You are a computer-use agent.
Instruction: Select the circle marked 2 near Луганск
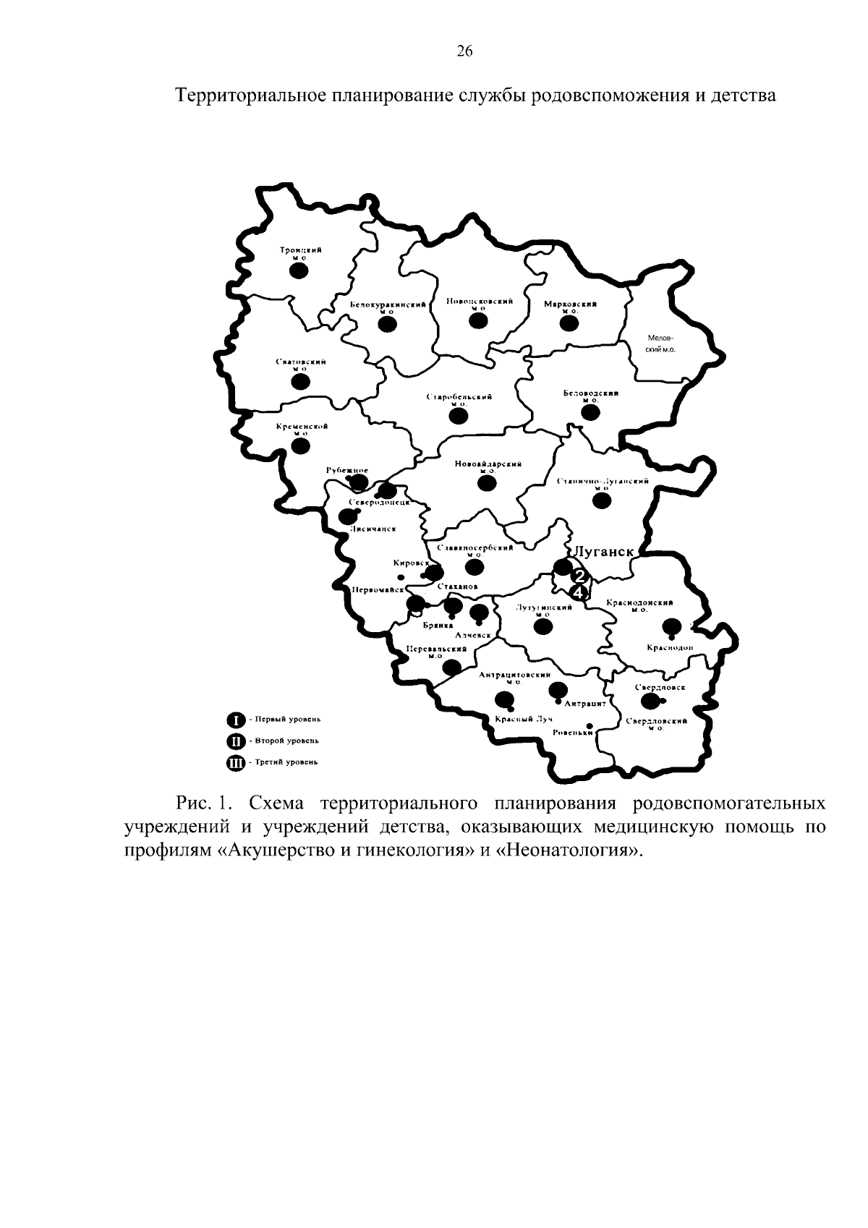(579, 576)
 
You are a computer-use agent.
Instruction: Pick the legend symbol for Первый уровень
(236, 720)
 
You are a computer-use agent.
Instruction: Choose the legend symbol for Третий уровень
(236, 762)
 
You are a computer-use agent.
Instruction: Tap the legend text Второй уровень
(283, 741)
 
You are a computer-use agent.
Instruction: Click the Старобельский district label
(459, 398)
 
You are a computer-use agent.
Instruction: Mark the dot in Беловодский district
(591, 413)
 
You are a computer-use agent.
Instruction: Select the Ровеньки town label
(571, 733)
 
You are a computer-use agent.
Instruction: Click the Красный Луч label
(514, 720)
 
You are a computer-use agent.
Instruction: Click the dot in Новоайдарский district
(488, 484)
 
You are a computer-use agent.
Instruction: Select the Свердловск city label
(660, 687)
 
